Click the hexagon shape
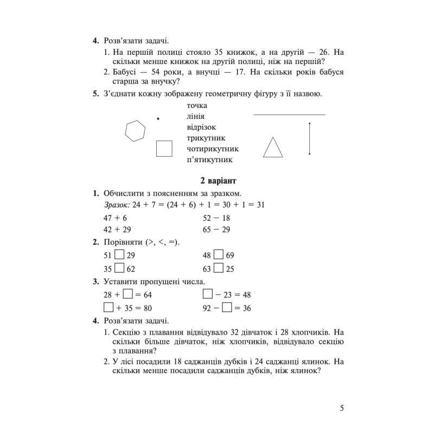click(x=135, y=131)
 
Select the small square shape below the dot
click(x=164, y=148)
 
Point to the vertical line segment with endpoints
click(x=309, y=139)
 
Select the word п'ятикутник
click(x=209, y=160)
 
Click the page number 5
click(x=342, y=408)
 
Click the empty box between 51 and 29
click(x=120, y=254)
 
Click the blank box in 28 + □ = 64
click(x=128, y=294)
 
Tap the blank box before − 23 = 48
click(x=207, y=294)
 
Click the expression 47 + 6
click(x=116, y=217)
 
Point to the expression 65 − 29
click(x=216, y=229)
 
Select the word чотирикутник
click(x=213, y=149)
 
